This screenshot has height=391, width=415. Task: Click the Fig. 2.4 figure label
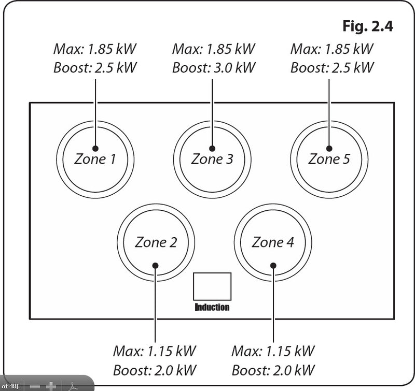coord(367,26)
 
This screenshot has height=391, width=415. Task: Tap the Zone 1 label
coord(95,159)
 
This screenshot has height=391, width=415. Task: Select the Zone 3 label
coord(212,159)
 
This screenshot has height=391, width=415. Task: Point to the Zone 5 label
coord(329,159)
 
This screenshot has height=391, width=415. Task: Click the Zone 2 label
coord(156,242)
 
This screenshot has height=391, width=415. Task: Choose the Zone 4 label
coord(273,242)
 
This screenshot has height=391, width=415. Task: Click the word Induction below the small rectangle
coord(212,307)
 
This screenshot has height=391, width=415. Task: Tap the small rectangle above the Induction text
coord(212,286)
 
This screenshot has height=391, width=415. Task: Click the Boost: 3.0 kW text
coord(214,68)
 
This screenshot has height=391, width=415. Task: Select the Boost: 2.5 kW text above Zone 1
coord(95,68)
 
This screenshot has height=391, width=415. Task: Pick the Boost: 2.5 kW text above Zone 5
coord(332,68)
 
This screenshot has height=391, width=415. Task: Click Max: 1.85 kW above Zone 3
coord(214,50)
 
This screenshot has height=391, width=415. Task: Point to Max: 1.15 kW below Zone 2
coord(155,351)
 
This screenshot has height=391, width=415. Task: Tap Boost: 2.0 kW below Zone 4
coord(273,370)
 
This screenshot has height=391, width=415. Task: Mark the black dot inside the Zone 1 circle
coord(95,148)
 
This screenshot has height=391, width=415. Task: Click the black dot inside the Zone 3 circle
coord(212,148)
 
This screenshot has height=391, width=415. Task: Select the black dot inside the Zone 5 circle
coord(329,148)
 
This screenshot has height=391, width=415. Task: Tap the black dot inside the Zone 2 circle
coord(155,265)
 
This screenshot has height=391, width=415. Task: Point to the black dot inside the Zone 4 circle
coord(273,265)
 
